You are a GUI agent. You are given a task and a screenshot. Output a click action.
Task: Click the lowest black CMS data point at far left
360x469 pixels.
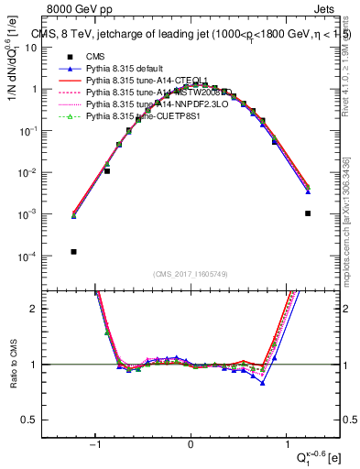click(x=72, y=252)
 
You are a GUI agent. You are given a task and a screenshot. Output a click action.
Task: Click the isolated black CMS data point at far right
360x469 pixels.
click(x=308, y=213)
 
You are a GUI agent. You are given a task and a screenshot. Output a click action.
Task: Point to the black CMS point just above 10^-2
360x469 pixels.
click(x=107, y=170)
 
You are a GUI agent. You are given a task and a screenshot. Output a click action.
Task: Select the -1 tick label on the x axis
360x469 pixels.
click(x=95, y=445)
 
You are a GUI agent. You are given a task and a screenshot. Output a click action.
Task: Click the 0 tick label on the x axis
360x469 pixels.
click(x=191, y=445)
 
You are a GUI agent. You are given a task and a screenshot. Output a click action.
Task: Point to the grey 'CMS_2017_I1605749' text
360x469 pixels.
click(x=191, y=275)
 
